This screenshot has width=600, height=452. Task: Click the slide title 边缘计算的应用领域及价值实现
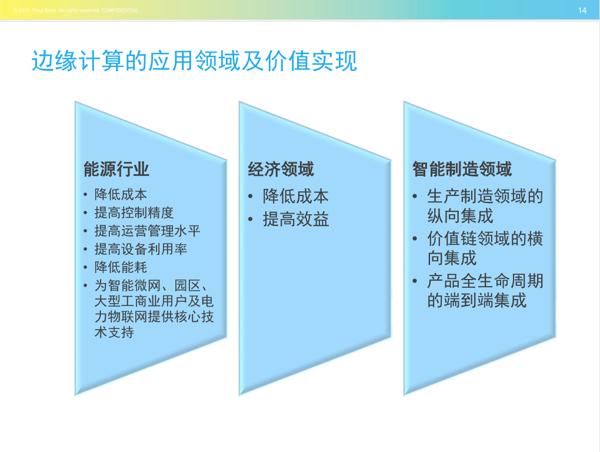coord(194,61)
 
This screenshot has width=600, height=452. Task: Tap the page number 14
coord(582,11)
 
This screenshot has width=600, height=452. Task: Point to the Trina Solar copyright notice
coord(76,11)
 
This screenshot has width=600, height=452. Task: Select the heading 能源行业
coord(116,169)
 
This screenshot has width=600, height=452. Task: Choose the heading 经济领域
coord(281,169)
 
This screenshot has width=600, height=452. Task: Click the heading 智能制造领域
coord(462,169)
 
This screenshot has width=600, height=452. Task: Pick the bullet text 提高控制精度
coord(134,213)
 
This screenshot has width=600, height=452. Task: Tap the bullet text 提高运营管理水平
coord(147,231)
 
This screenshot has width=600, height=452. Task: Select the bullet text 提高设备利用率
coord(141,249)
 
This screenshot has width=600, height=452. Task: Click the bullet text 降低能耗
coord(121,267)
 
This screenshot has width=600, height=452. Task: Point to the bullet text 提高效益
coord(296,220)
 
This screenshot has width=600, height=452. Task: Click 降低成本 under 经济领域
coord(296,197)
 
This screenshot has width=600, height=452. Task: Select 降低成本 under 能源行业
coord(121,194)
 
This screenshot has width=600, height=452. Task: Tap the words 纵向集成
coord(461,216)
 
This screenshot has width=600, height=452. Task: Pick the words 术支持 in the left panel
coord(114,332)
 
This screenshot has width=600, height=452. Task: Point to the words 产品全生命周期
coord(485,281)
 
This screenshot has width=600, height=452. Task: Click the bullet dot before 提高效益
coord(250,220)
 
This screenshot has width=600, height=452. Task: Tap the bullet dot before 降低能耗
coord(85,268)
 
